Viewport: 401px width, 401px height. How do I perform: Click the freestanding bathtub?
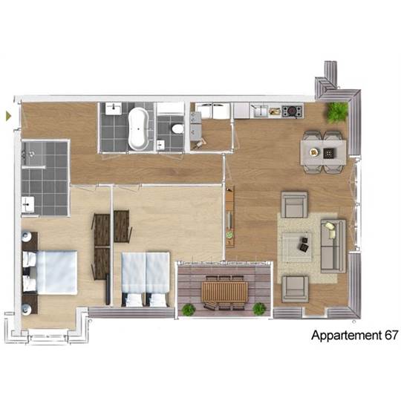[x=138, y=128]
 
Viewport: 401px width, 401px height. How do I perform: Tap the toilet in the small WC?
[x=177, y=128]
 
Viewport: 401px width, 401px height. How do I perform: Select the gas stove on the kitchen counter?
[x=293, y=111]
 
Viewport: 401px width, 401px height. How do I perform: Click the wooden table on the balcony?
[x=224, y=292]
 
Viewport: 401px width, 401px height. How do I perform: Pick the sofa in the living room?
[x=333, y=246]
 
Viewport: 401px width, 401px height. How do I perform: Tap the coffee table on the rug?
[x=296, y=247]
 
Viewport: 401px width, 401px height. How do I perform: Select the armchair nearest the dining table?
[x=294, y=205]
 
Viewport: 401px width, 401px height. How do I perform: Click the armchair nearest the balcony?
[x=295, y=290]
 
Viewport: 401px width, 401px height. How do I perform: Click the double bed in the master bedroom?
[x=50, y=273]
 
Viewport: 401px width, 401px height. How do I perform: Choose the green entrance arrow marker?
[x=9, y=116]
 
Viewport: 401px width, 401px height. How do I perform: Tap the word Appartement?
[x=346, y=336]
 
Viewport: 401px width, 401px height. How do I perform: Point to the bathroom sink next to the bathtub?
[x=114, y=108]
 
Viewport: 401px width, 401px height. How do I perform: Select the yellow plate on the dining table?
[x=314, y=152]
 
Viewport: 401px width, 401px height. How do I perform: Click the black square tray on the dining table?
[x=328, y=153]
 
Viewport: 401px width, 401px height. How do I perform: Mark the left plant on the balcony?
[x=189, y=310]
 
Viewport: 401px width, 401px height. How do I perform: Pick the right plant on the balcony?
[x=259, y=309]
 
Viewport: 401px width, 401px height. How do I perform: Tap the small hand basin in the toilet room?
[x=160, y=145]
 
